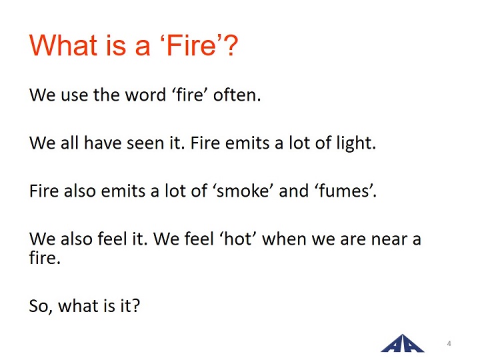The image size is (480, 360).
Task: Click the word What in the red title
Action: click(x=63, y=45)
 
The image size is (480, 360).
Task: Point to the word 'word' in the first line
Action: click(x=145, y=95)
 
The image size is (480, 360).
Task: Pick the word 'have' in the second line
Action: click(x=103, y=143)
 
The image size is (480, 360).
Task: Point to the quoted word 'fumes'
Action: click(x=344, y=191)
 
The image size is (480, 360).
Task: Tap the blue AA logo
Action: click(x=402, y=343)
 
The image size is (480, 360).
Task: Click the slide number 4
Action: click(x=449, y=343)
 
